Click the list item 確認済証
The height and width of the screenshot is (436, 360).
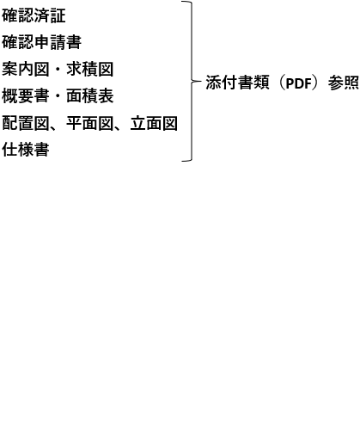34,15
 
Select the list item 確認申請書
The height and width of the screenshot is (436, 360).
42,42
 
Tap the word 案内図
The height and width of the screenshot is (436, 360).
26,70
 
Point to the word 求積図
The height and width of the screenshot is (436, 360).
90,70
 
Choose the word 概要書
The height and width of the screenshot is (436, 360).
26,96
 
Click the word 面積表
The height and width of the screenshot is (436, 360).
90,96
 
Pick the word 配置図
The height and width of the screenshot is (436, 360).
26,123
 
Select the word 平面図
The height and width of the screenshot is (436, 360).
90,123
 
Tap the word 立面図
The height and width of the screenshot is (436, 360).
154,123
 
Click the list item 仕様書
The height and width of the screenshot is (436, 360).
26,150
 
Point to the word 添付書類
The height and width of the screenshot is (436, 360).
237,83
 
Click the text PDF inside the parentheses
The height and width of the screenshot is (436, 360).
299,83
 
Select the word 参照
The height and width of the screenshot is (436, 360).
344,83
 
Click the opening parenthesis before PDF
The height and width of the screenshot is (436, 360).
282,83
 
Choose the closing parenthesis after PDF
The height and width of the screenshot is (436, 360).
316,83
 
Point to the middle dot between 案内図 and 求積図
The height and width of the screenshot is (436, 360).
58,70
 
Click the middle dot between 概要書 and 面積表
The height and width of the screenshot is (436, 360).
58,96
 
